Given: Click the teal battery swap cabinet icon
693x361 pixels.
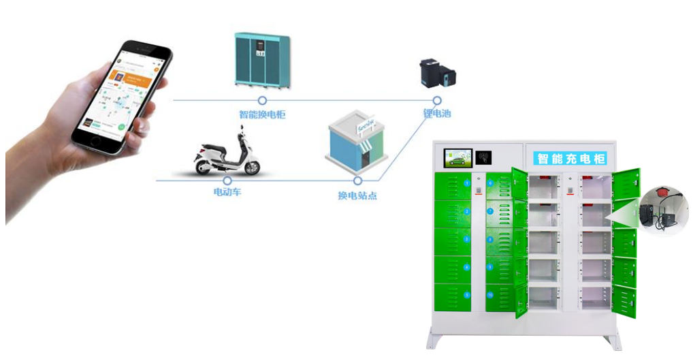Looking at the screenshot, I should click(262, 59).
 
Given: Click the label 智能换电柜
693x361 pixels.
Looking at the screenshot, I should click(262, 114).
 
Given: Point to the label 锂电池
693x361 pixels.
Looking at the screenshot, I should click(437, 113).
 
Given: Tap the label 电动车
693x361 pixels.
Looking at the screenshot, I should click(227, 193).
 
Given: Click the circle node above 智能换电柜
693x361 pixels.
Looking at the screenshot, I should click(262, 101).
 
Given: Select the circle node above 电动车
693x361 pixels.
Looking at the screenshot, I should click(227, 180).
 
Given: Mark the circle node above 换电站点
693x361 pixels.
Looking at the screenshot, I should click(357, 180).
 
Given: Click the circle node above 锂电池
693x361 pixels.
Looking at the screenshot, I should click(436, 101).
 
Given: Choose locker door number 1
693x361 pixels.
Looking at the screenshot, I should click(452, 185).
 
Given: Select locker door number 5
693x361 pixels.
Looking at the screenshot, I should click(452, 294).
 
